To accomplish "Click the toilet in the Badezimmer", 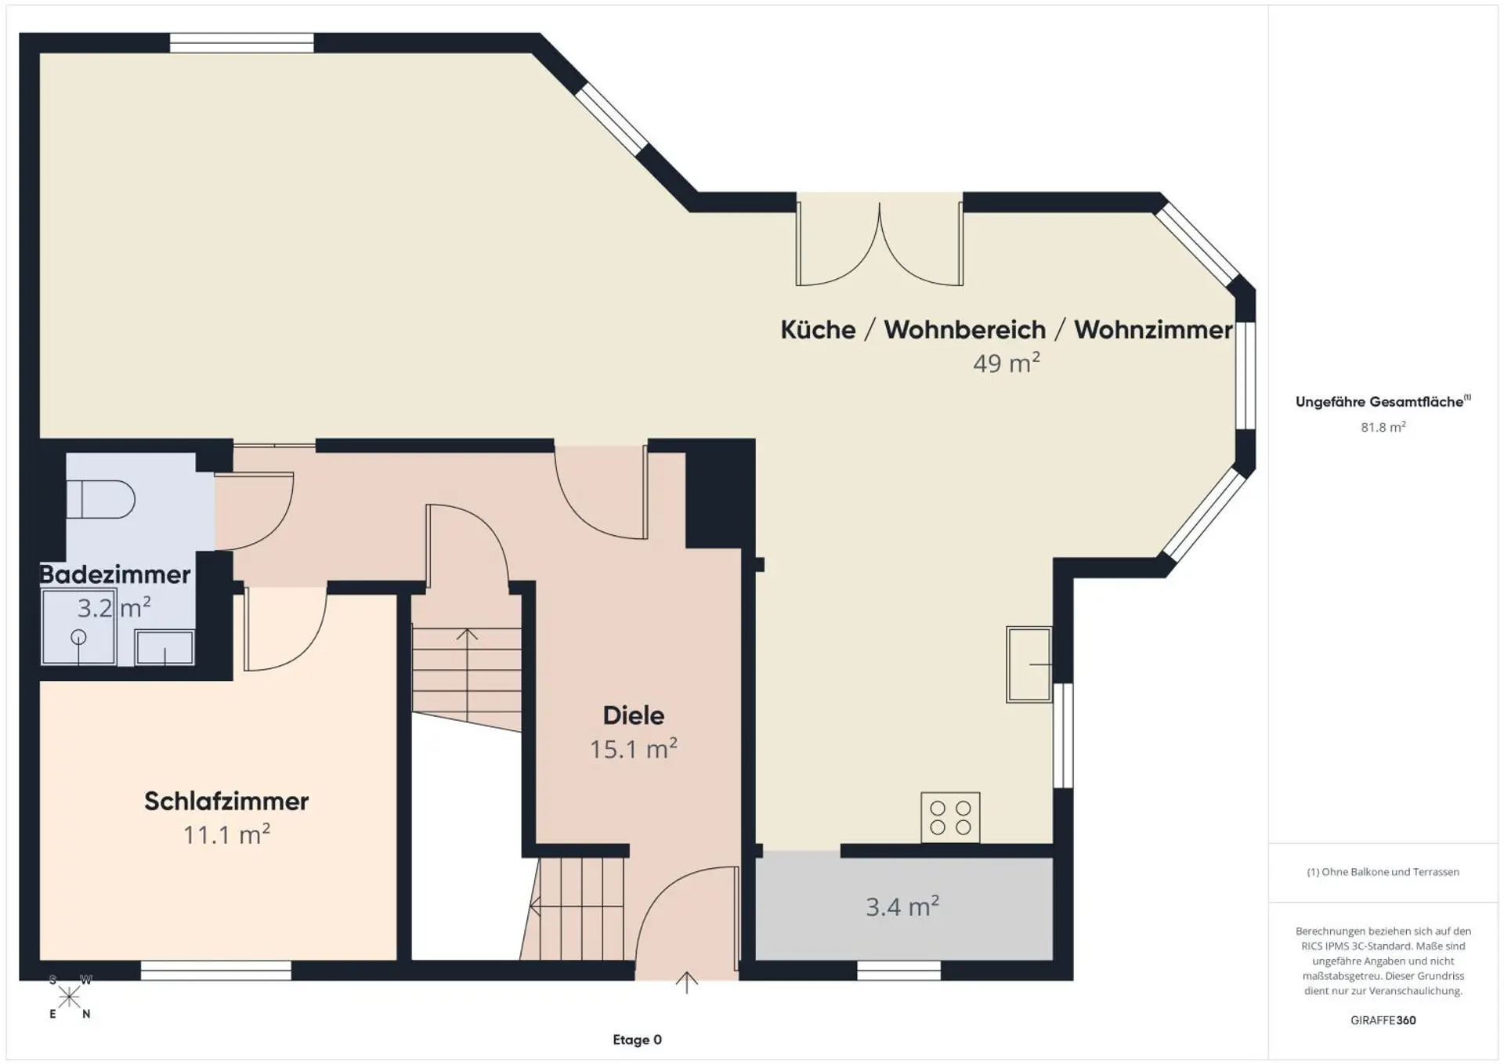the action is tap(100, 499).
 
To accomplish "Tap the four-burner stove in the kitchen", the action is tap(950, 817).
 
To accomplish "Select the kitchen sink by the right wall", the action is tap(1029, 664).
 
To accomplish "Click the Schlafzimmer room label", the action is tap(226, 801).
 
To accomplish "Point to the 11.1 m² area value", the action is tap(226, 834).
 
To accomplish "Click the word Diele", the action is tap(634, 715).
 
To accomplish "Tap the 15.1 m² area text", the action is tap(634, 749).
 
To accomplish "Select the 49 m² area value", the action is tap(1007, 363).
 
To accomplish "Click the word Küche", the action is tap(818, 330).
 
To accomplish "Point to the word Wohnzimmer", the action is tap(1153, 330).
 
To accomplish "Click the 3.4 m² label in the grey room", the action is tap(902, 907).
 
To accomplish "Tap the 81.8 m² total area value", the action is tap(1383, 427).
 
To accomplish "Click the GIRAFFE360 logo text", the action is tap(1383, 1020).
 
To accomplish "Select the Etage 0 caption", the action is tap(637, 1040).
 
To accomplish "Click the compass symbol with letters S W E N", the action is tap(70, 997).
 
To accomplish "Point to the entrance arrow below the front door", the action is tap(687, 983).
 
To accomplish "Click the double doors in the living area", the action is tap(880, 244).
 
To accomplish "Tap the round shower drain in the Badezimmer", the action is tap(78, 637).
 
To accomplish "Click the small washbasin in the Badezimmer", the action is tap(164, 647).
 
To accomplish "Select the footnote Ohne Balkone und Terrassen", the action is tap(1383, 872).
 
